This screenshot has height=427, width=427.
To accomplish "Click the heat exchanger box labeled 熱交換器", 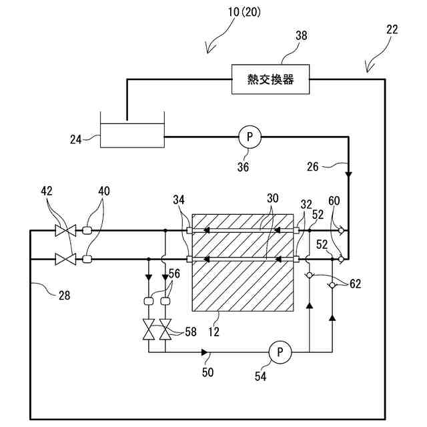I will [270, 80].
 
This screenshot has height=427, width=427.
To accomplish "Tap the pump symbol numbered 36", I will [250, 137].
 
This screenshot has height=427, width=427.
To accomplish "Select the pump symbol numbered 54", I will [280, 351].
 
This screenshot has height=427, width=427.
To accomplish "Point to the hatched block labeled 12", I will [242, 262].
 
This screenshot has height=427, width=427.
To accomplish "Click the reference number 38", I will [302, 38].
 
